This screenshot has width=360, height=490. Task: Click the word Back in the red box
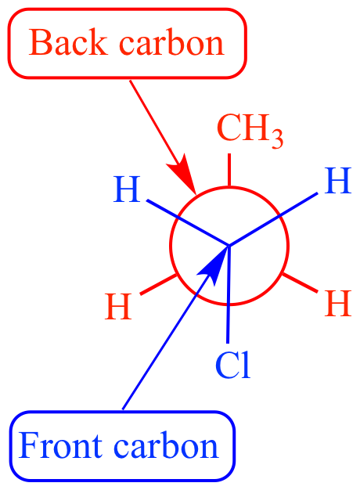pos(68,42)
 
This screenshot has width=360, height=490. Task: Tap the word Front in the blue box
pos(60,445)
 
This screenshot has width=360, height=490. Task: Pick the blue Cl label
pos(233,365)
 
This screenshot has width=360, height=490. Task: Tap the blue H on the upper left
pos(127,189)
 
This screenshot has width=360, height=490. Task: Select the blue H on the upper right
pos(338,181)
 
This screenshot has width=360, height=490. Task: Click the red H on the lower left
pos(118,306)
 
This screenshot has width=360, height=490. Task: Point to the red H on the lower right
pos(338,304)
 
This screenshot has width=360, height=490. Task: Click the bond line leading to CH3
pos(229,171)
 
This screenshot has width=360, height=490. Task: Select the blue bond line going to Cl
pos(229,294)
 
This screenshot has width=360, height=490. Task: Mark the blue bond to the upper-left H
pos(188,223)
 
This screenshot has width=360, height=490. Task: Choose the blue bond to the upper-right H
pos(273,219)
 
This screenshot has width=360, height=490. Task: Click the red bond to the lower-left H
pos(158,284)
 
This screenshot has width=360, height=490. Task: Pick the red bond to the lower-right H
pos(300,283)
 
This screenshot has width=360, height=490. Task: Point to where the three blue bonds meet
pos(229,246)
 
